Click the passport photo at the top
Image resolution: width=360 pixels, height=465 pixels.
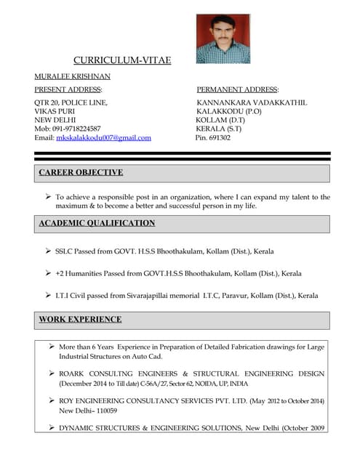point(223,39)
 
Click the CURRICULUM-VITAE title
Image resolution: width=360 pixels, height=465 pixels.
point(122,60)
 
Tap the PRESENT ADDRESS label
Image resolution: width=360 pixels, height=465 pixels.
point(68,89)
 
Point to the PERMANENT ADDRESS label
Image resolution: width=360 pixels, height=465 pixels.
point(238,89)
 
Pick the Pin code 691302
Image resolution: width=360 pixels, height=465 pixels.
point(213,137)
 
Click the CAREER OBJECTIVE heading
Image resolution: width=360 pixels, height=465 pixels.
point(81,173)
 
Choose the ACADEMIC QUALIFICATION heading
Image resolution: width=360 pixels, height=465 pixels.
point(97,224)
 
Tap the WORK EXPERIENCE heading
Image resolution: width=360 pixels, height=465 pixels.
point(80,320)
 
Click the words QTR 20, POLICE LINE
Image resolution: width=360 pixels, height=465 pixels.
point(71,102)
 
